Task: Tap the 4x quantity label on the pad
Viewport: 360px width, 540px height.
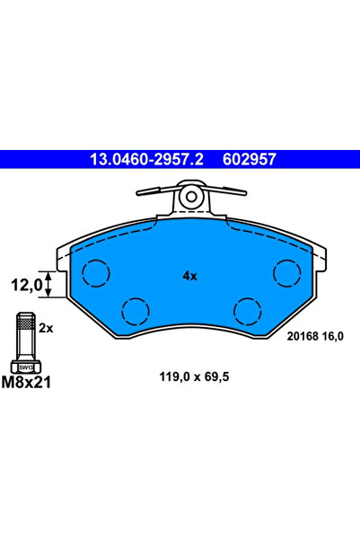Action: click(189, 277)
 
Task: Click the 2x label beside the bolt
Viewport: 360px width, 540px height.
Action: click(47, 329)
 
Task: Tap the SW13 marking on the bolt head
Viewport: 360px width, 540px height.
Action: click(26, 367)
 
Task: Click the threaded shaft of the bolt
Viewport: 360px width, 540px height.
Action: click(26, 341)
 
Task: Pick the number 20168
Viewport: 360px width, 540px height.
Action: click(302, 336)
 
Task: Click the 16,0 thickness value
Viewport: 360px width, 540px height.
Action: click(333, 336)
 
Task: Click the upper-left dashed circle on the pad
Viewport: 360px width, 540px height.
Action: click(95, 270)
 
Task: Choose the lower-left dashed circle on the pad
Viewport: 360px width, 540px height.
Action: click(136, 311)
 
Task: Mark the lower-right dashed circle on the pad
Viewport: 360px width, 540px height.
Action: click(247, 311)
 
